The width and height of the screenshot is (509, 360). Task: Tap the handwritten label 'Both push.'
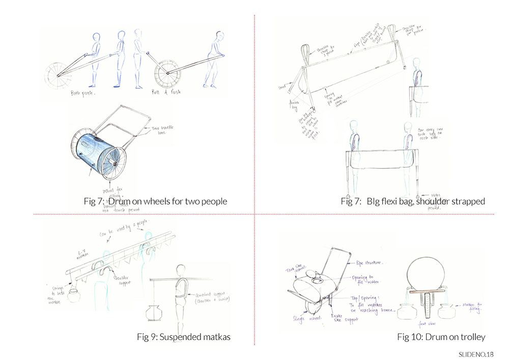(x=84, y=94)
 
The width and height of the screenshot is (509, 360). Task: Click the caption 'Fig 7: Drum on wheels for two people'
(x=155, y=202)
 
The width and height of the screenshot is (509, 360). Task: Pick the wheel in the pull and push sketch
(x=166, y=75)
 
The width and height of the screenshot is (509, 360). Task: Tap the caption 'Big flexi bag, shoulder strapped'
(x=426, y=202)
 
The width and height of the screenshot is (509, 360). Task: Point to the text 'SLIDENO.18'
(x=476, y=354)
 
